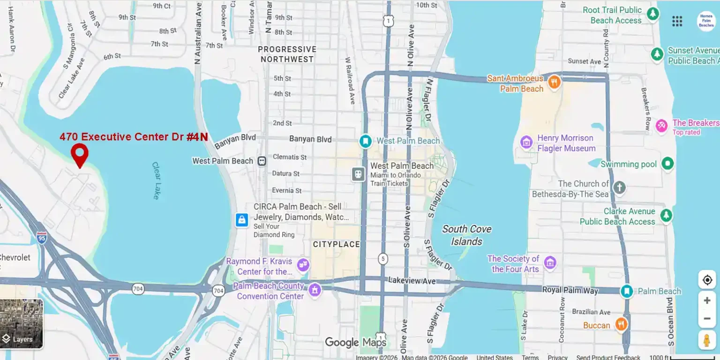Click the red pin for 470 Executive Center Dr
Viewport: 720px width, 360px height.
80,154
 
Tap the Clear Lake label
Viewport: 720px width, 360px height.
156,180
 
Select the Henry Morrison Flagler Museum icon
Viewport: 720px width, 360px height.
526,142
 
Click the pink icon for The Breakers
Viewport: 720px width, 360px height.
661,125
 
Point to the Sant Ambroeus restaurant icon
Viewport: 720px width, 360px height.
554,82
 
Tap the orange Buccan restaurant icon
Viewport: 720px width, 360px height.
621,324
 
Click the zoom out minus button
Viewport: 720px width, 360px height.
707,319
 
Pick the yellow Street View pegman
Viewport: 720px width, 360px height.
707,340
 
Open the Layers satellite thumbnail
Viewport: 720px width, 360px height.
22,323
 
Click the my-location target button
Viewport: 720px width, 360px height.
707,280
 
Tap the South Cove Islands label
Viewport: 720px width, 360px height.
467,235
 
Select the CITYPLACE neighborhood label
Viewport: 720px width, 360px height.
336,244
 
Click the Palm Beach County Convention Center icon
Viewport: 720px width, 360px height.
315,290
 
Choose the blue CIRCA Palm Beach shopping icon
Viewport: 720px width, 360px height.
242,219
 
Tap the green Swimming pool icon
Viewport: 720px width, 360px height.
667,164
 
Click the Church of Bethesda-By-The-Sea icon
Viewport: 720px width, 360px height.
619,188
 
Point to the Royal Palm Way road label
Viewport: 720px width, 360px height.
570,290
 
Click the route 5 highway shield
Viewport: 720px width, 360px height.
383,258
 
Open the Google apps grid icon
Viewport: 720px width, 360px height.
677,21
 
